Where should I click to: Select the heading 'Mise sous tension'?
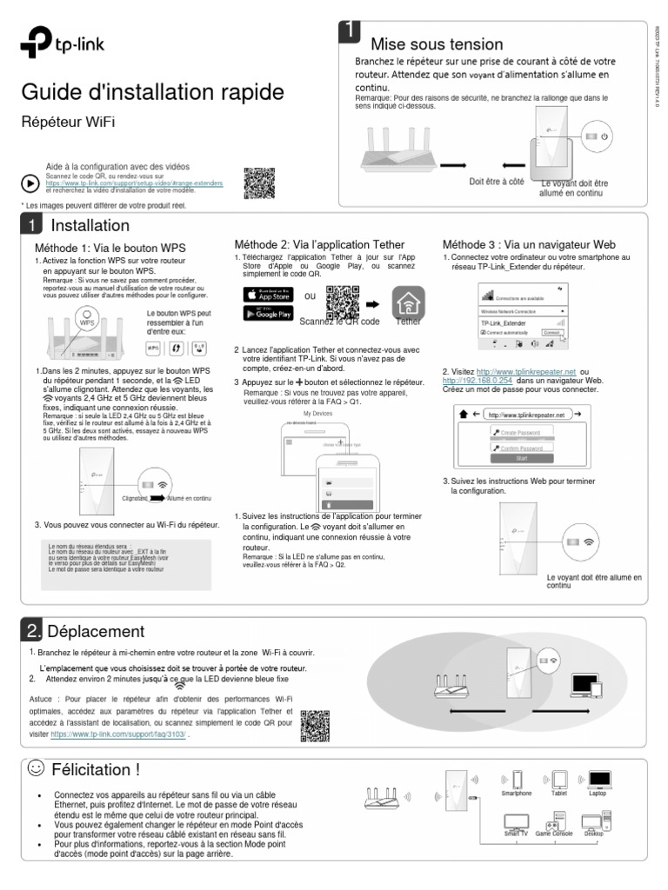tap(437, 44)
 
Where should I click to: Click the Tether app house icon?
tap(406, 302)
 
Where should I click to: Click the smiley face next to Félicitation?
tap(36, 768)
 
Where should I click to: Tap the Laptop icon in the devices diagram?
tap(598, 779)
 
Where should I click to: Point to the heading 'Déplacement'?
tap(96, 631)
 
